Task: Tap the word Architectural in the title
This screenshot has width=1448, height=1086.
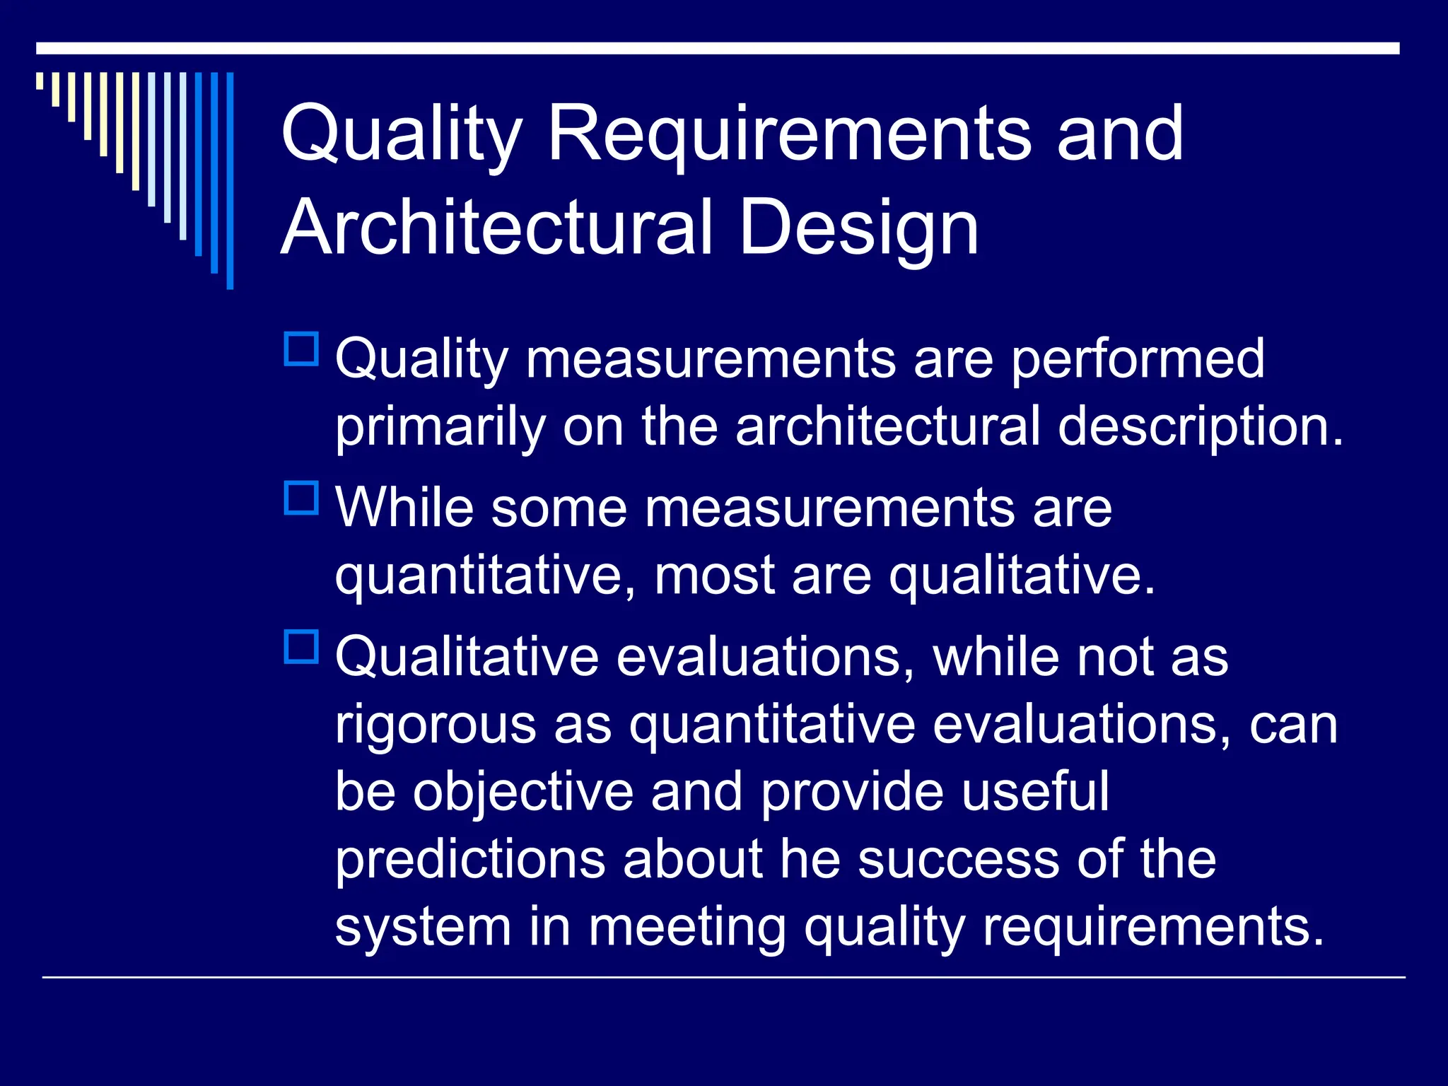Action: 496,228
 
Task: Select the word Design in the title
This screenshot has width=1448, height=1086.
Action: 858,229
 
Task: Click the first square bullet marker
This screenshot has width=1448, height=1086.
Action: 301,349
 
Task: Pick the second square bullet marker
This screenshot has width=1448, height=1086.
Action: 301,498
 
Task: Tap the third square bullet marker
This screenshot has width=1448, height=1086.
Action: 301,646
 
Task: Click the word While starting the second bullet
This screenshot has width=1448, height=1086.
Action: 404,508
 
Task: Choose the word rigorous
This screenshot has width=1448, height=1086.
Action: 436,726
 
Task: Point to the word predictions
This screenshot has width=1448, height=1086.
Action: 470,860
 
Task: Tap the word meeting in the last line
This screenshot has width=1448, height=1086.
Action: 687,928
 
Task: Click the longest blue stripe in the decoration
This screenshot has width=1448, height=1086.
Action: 230,180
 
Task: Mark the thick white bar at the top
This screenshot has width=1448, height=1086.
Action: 717,48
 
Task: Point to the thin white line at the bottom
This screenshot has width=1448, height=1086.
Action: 723,978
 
